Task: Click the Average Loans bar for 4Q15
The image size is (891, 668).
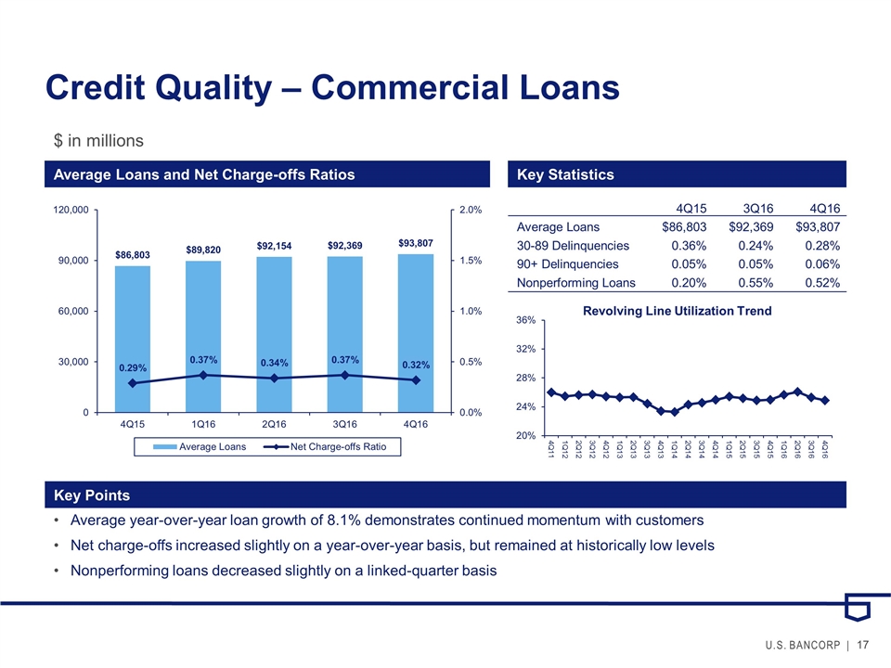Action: coord(133,339)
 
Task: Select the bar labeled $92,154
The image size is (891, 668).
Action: coord(274,334)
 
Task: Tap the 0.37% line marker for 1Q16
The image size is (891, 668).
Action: coord(203,375)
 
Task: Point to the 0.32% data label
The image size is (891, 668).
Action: coord(415,366)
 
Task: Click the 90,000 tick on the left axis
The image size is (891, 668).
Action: coord(71,261)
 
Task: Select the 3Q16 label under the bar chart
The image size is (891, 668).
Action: coord(344,425)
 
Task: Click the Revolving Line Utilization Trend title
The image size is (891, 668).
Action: coord(677,311)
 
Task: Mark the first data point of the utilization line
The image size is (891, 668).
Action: coord(551,392)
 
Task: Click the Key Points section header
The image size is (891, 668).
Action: coord(92,495)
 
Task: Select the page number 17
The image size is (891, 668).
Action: coord(863,646)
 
